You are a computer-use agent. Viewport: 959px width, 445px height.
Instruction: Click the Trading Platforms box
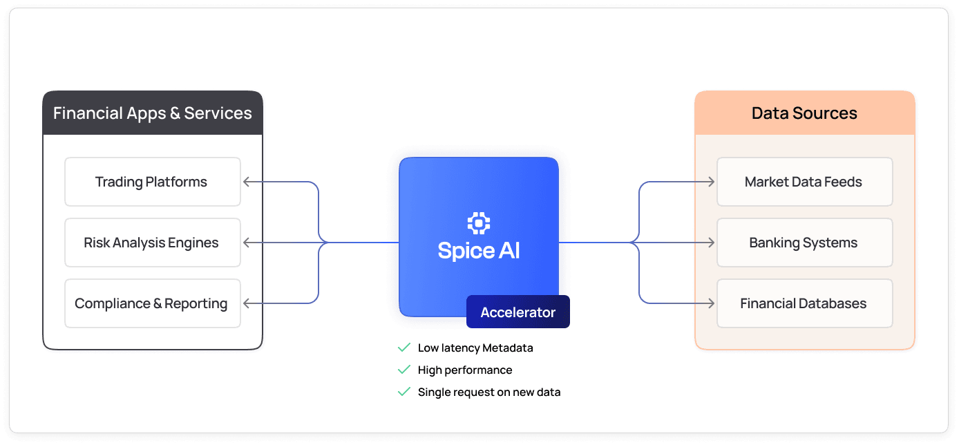click(152, 182)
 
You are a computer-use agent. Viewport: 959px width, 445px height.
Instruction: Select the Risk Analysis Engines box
click(152, 243)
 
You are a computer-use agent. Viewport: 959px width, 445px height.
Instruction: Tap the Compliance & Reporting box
click(152, 303)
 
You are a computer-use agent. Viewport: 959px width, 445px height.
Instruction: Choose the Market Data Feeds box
click(804, 182)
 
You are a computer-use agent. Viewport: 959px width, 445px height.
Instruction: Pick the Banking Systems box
click(804, 243)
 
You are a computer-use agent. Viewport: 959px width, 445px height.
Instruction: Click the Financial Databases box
click(804, 303)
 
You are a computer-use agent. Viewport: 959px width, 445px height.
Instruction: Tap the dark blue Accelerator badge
click(518, 312)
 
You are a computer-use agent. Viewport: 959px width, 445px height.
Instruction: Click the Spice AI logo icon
click(479, 223)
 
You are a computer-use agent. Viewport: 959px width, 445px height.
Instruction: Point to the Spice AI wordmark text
click(479, 250)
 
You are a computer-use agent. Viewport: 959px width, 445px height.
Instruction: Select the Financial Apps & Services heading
click(153, 113)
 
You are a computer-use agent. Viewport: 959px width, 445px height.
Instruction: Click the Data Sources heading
click(804, 113)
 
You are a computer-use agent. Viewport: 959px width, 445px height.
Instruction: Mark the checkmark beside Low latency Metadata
click(404, 348)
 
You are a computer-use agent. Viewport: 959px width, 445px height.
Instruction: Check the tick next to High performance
click(404, 370)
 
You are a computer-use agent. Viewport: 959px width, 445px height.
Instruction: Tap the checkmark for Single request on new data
click(404, 392)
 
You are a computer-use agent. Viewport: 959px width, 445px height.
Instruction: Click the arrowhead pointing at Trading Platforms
click(247, 182)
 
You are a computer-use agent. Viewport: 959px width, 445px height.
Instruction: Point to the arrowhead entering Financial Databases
click(711, 303)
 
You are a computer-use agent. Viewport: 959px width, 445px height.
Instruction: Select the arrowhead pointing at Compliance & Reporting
click(247, 303)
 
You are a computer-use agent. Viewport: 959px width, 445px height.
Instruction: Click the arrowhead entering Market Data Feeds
click(711, 182)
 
